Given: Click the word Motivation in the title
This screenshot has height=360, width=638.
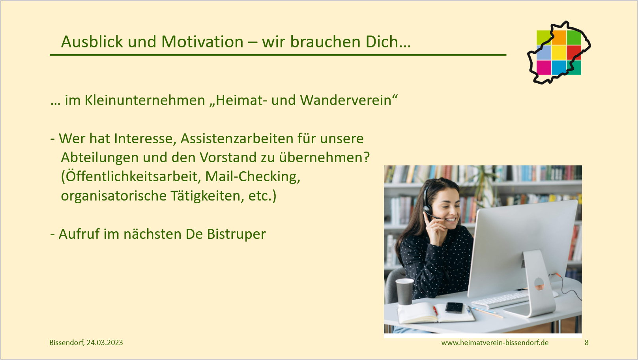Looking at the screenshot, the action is pyautogui.click(x=202, y=41).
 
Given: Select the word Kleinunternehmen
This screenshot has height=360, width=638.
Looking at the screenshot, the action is pyautogui.click(x=145, y=100).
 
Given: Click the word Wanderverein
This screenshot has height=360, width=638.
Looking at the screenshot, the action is pyautogui.click(x=346, y=100).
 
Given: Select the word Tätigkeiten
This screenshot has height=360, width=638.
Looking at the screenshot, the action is pyautogui.click(x=208, y=195).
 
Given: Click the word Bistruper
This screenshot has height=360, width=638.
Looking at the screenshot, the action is pyautogui.click(x=236, y=234).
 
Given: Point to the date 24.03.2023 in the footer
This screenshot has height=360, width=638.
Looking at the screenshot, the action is pyautogui.click(x=105, y=342).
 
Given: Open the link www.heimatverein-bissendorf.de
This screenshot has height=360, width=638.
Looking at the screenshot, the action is pyautogui.click(x=495, y=342).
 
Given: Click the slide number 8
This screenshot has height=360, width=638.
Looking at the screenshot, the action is pyautogui.click(x=586, y=342).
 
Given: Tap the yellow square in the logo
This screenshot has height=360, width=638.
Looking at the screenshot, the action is pyautogui.click(x=559, y=52).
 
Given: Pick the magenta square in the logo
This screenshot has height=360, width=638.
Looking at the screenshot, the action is pyautogui.click(x=544, y=67).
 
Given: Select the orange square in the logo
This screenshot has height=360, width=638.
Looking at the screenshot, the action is pyautogui.click(x=559, y=37).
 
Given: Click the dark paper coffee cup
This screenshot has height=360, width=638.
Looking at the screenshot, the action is pyautogui.click(x=404, y=291).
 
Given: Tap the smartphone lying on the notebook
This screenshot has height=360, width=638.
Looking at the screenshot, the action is pyautogui.click(x=454, y=307).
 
